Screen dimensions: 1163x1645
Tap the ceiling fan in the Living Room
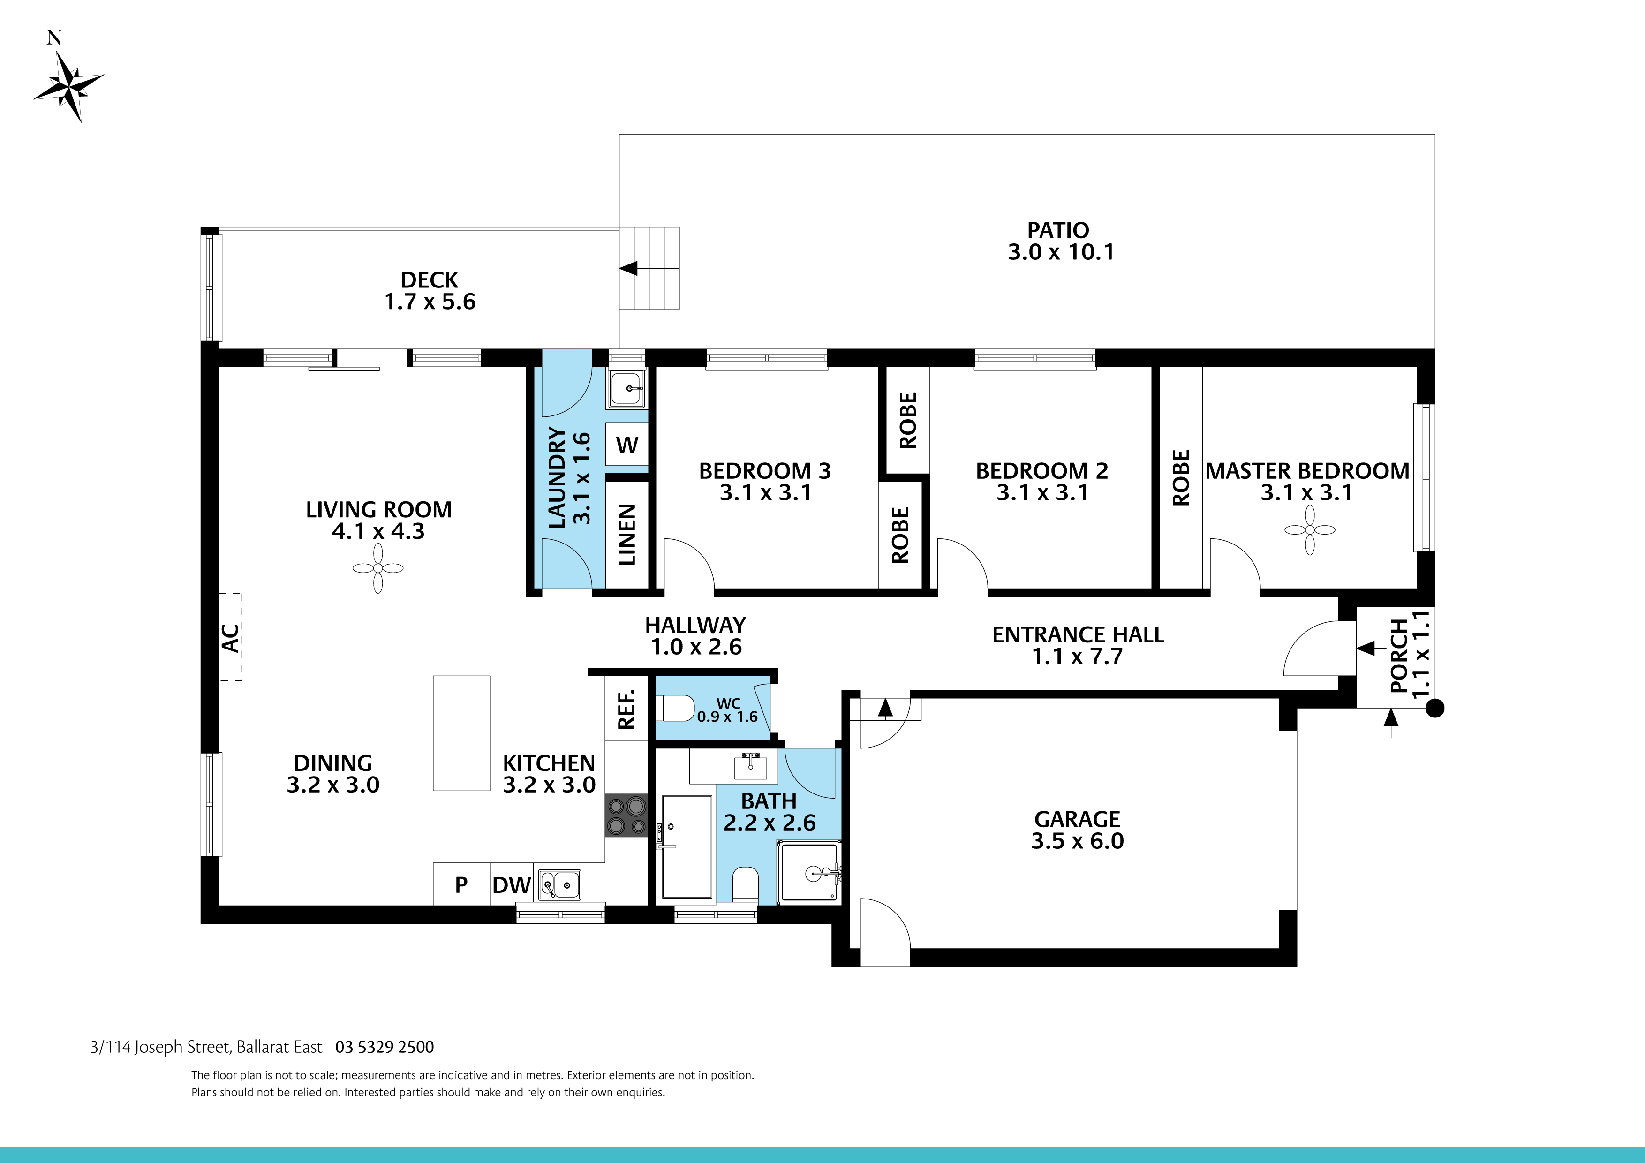click(377, 568)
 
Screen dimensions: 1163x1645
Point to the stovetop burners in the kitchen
click(626, 816)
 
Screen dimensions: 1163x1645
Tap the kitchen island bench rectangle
click(461, 733)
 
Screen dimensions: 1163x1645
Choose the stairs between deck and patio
click(649, 269)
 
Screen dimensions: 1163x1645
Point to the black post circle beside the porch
click(1434, 709)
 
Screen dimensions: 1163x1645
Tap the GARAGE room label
click(1077, 818)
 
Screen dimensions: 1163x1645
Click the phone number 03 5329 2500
click(385, 1047)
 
